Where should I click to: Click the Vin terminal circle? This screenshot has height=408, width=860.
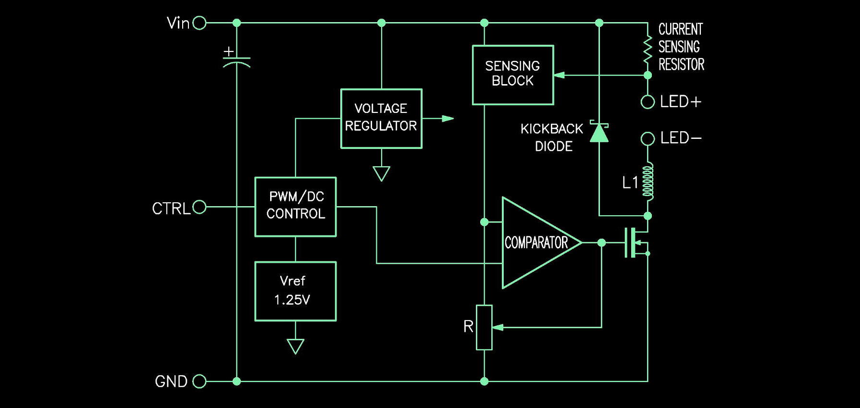click(199, 23)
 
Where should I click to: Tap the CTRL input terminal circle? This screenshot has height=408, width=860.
click(199, 207)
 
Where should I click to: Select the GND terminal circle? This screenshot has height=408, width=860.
click(199, 382)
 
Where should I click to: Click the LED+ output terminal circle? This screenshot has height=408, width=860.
click(648, 102)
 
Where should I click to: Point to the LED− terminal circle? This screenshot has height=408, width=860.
click(648, 139)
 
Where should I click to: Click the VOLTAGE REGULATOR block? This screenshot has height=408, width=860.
click(381, 118)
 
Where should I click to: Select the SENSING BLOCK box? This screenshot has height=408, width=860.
click(513, 75)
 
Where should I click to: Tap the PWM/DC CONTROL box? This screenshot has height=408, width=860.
click(295, 207)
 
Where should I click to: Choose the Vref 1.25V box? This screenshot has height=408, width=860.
click(295, 291)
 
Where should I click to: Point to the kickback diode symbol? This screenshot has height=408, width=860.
click(599, 132)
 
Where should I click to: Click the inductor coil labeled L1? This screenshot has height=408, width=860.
click(648, 182)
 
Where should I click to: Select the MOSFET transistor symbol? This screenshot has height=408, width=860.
click(636, 243)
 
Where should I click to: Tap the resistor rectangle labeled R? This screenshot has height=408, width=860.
click(484, 327)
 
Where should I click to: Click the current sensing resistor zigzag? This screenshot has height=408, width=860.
click(648, 48)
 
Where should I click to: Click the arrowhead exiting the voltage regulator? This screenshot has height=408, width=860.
click(448, 118)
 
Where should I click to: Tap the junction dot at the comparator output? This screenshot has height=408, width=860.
click(601, 243)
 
